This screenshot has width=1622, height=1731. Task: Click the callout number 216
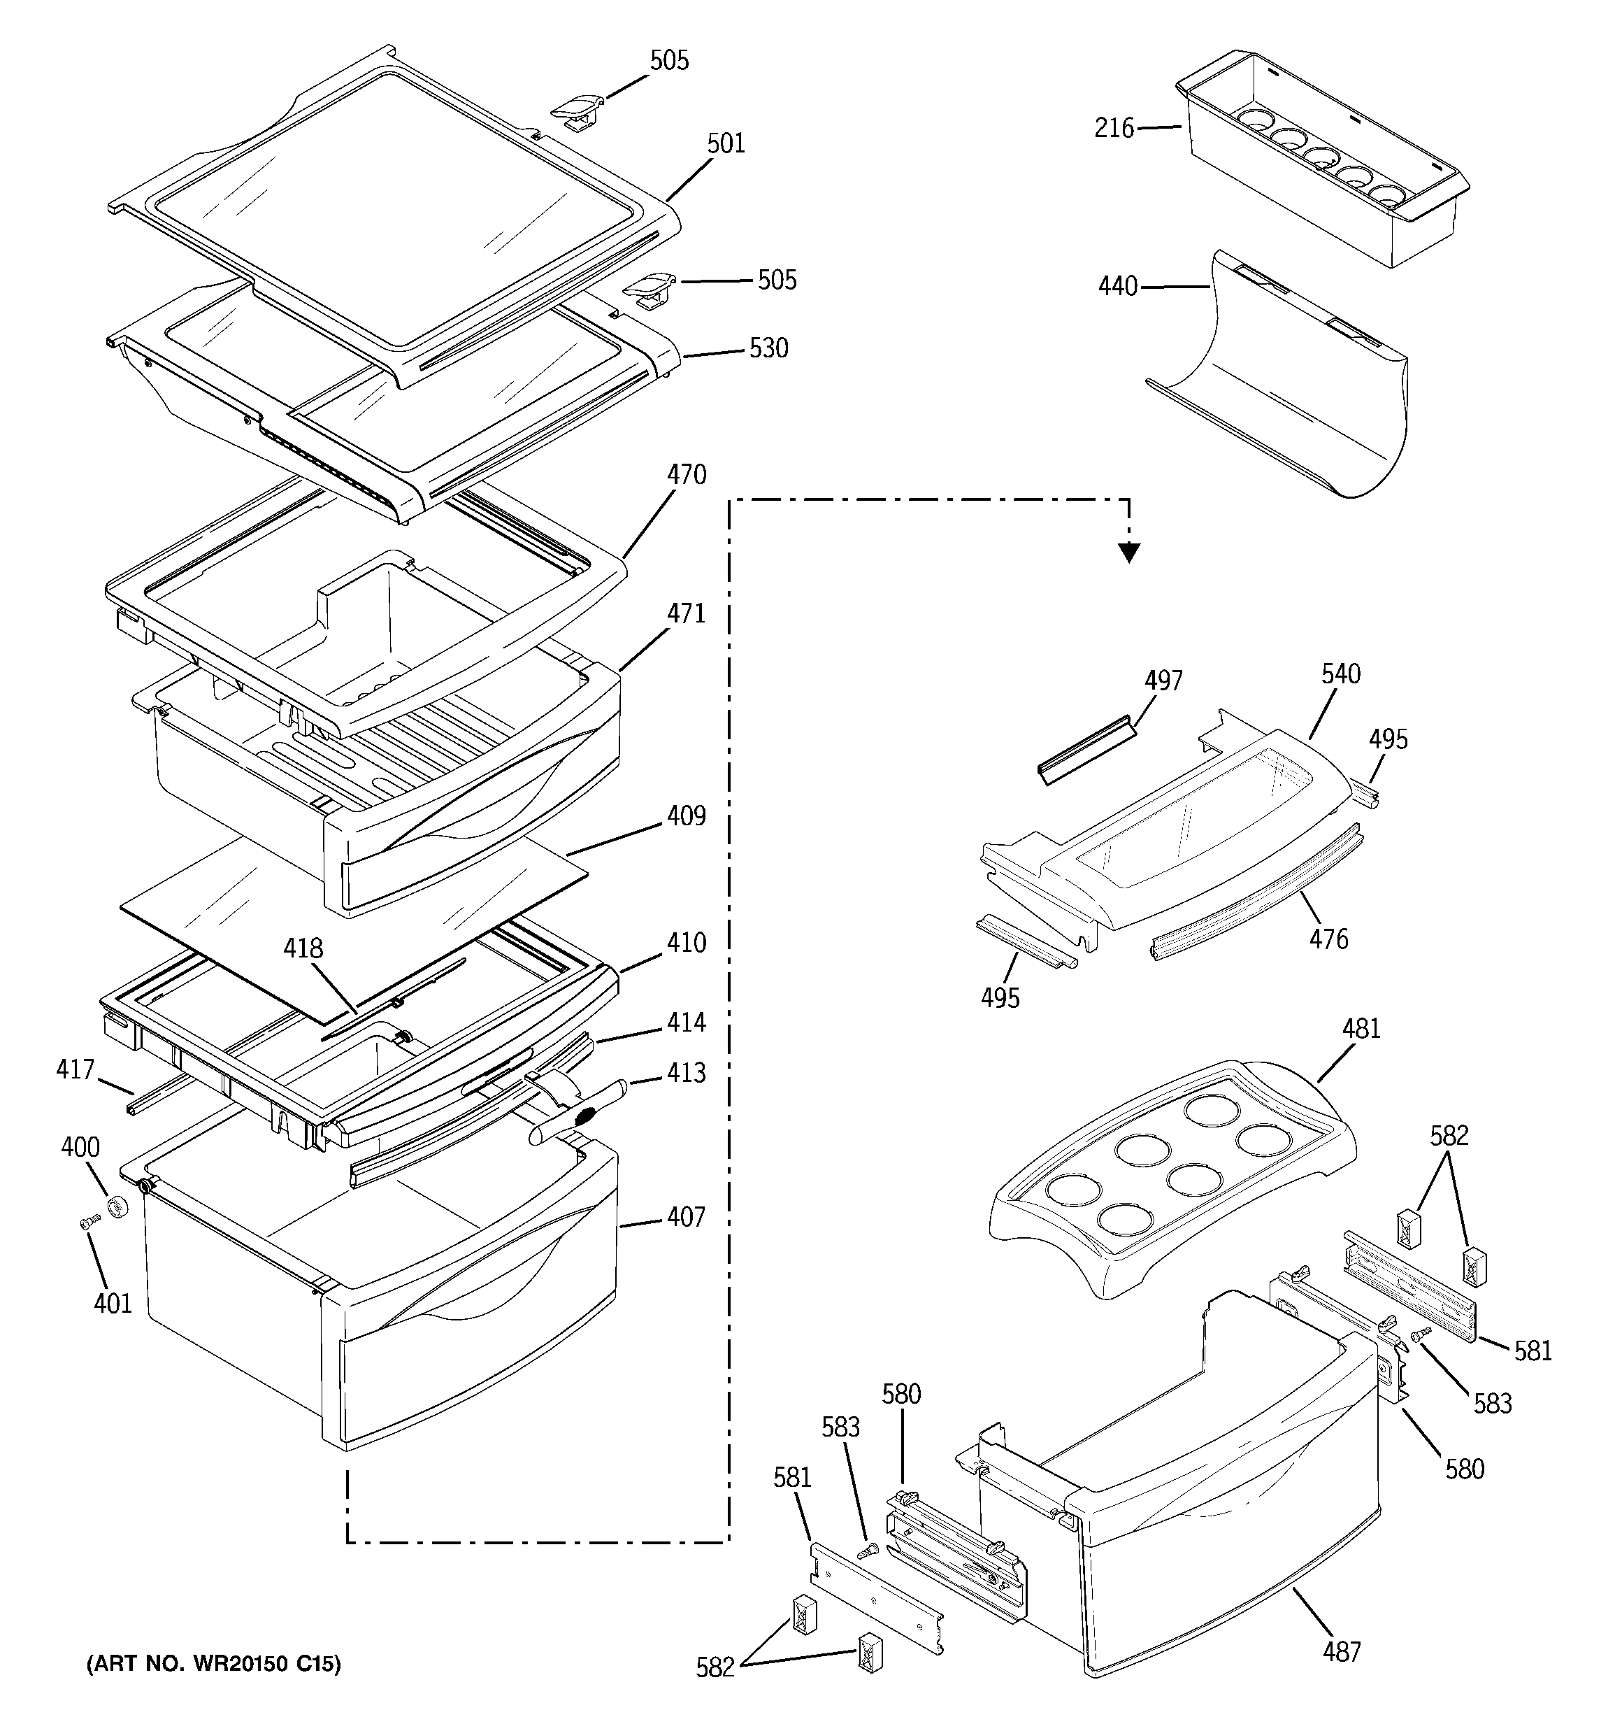1114,129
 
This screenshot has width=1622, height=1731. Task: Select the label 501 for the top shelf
726,143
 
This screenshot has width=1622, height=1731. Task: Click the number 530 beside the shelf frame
769,348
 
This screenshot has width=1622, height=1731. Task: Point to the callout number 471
686,614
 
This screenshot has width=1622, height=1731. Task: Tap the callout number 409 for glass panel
686,816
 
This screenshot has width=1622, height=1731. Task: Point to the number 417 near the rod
75,1069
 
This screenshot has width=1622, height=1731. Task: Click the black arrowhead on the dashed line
1129,552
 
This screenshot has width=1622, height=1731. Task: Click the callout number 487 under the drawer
1342,1651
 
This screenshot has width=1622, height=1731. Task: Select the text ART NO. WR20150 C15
213,1664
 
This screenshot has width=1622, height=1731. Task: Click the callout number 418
303,948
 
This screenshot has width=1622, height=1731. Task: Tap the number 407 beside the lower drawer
686,1216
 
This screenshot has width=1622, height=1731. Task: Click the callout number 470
686,475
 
